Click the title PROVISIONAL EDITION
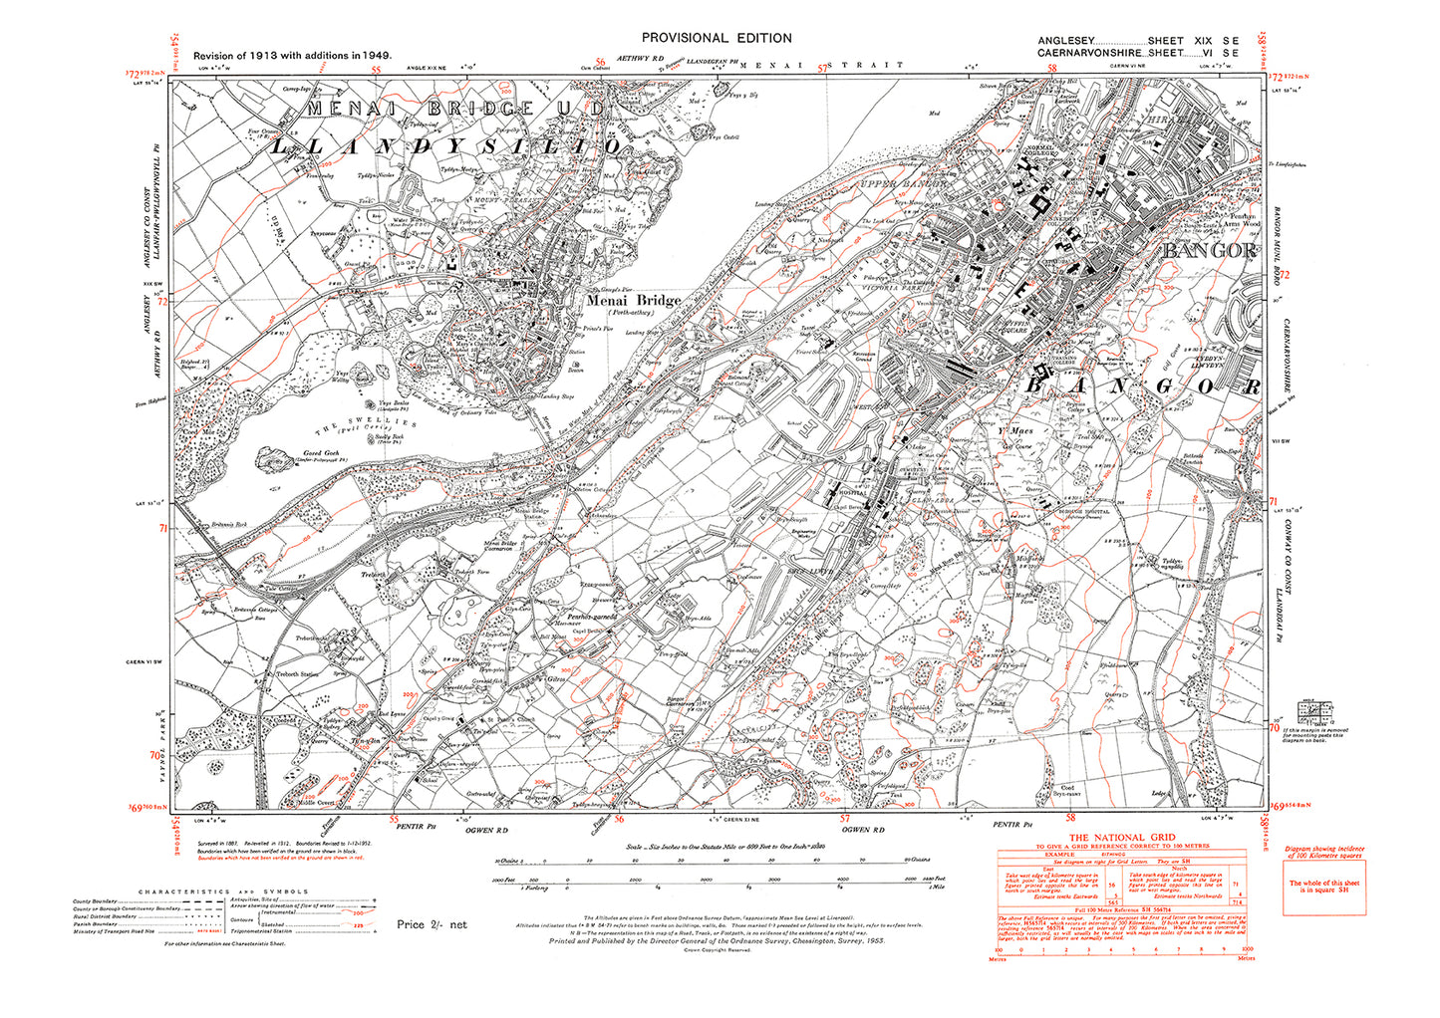(718, 38)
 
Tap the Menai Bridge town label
(633, 300)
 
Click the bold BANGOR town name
(1208, 251)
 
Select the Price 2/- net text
(432, 924)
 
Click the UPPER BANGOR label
(910, 184)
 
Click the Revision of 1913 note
(292, 56)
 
